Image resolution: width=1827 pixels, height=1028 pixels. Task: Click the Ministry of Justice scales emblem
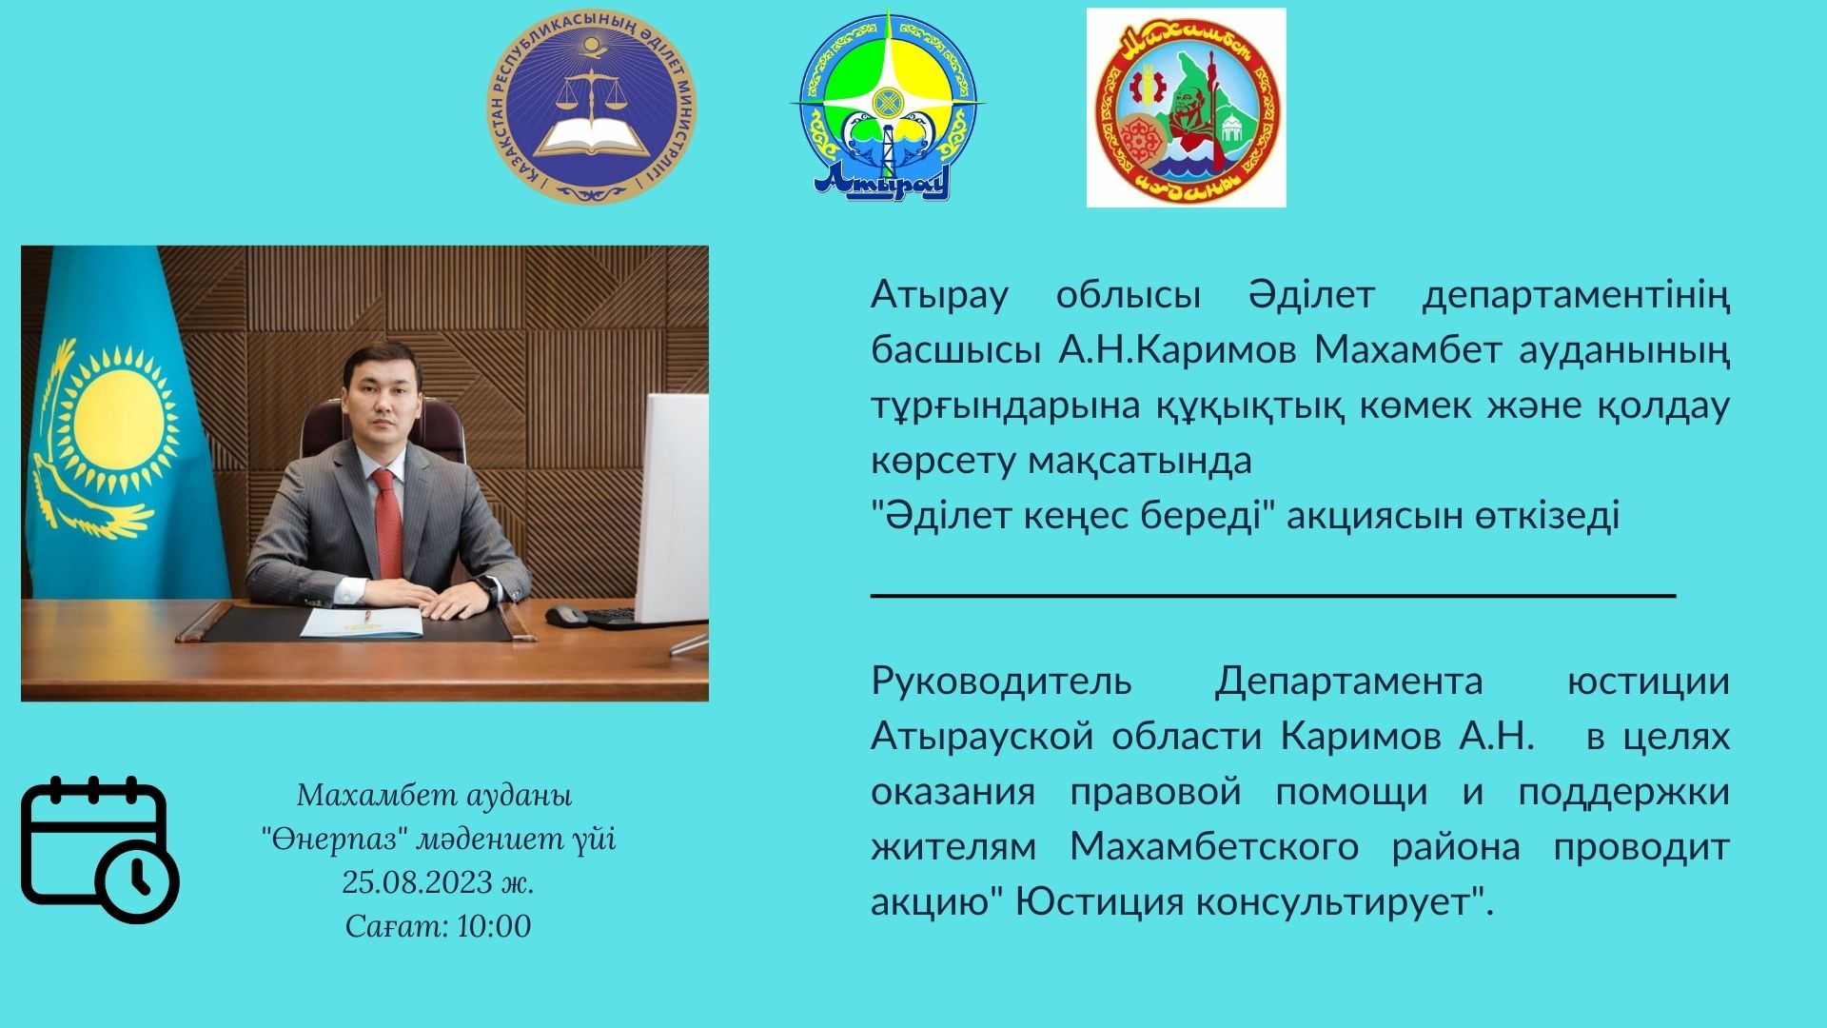click(591, 108)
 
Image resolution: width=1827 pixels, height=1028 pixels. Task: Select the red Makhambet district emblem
click(1186, 109)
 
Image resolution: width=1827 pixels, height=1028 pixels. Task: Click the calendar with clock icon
click(100, 850)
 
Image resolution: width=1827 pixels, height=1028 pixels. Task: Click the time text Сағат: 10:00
click(438, 926)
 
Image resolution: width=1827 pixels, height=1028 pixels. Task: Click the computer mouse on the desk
click(566, 616)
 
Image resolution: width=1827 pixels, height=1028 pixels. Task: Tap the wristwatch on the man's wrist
click(486, 586)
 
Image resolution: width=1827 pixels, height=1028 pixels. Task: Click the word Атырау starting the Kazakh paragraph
click(939, 296)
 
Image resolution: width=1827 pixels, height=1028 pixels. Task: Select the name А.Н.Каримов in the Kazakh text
click(1177, 350)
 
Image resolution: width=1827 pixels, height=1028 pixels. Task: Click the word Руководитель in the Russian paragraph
click(1001, 682)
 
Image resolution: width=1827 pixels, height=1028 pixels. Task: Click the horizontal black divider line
click(1273, 595)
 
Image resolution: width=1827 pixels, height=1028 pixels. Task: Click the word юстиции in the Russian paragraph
click(1648, 682)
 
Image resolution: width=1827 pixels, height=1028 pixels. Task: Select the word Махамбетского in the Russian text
click(1214, 846)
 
